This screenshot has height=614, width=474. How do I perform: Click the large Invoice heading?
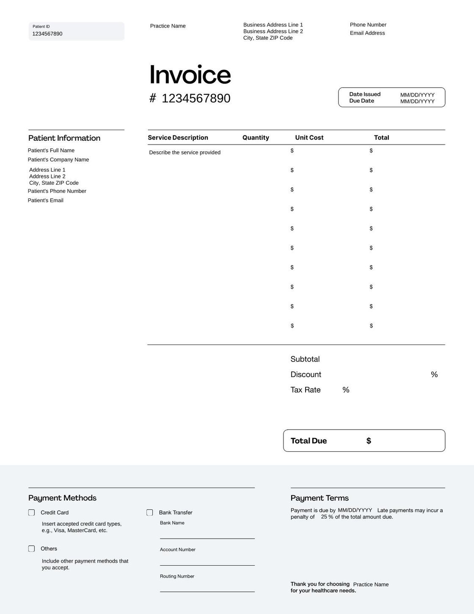pos(190,75)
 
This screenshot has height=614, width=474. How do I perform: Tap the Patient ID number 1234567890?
pos(47,34)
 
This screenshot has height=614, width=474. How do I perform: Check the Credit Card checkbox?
pos(32,513)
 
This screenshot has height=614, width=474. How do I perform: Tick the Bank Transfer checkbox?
pos(150,513)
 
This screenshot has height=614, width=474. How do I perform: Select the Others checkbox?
pos(32,549)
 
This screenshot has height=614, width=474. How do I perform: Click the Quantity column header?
pos(256,138)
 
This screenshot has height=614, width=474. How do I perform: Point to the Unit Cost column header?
pos(309,138)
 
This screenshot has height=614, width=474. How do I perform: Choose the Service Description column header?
pos(178,138)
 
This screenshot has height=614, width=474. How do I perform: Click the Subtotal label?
pos(305,359)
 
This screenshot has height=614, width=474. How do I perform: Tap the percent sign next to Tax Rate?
pos(346,390)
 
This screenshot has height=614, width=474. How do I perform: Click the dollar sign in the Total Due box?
pos(369,441)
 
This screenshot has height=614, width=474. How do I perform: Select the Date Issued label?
pos(365,94)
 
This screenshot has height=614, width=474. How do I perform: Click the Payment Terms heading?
pos(320,498)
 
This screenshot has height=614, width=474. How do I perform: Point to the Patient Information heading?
pos(64,138)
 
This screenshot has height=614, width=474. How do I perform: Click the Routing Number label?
pos(177,576)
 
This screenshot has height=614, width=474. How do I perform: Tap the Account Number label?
pos(178,550)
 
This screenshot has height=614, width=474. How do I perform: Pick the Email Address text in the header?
pos(367,33)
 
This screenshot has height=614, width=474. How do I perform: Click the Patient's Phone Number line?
pos(57,191)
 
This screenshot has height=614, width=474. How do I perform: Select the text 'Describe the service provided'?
pos(185,153)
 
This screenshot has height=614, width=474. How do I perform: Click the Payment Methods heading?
pos(62,498)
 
